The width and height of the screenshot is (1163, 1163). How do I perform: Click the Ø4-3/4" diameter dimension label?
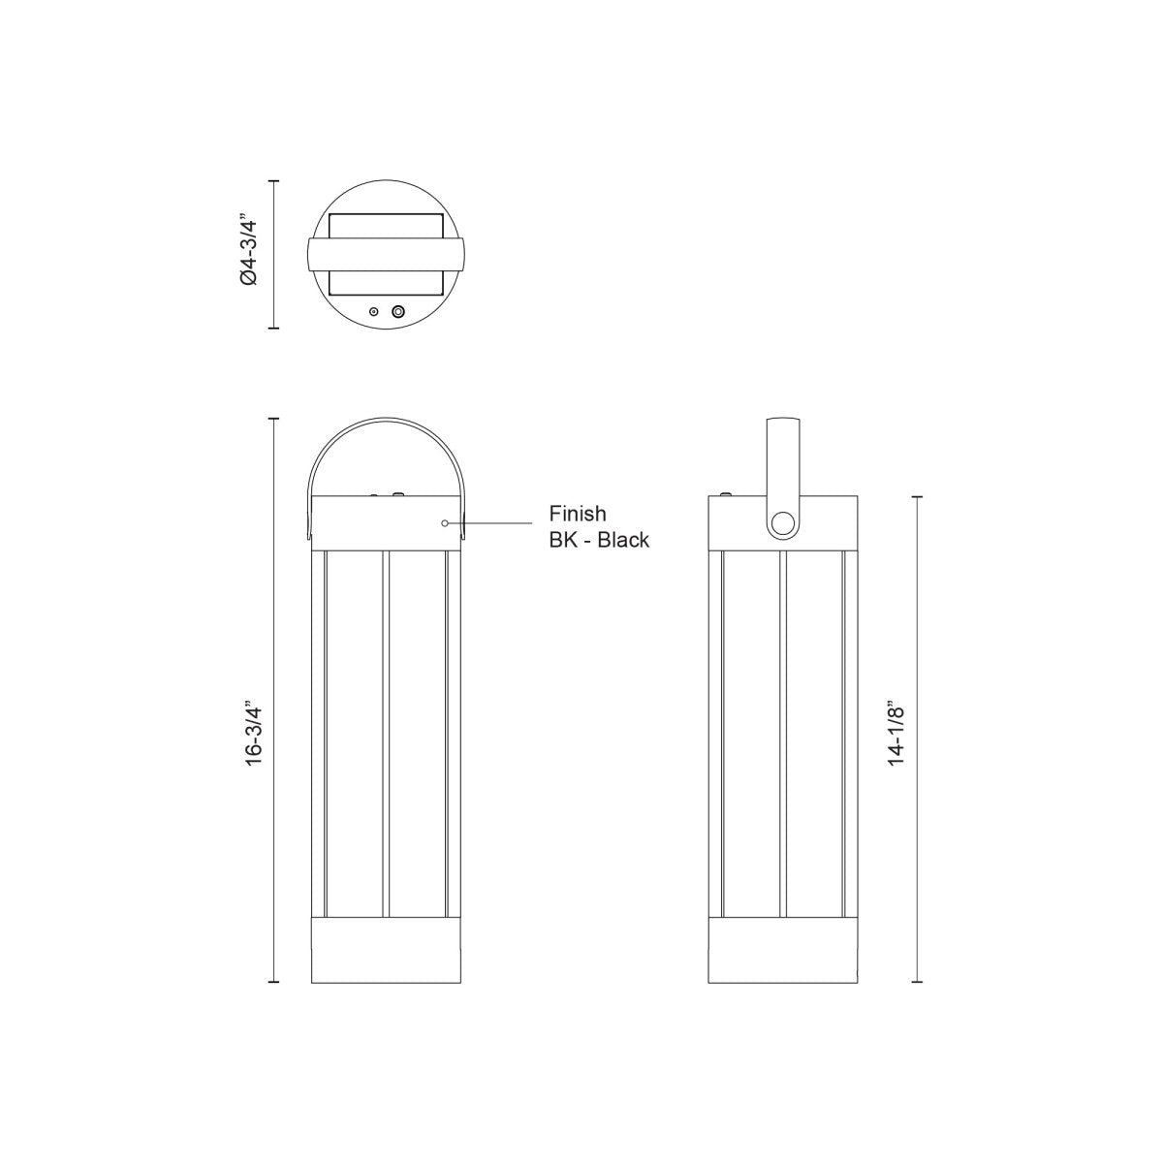250,252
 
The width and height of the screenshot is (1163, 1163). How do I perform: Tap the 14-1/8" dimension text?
898,736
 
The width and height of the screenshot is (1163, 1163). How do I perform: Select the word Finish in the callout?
578,513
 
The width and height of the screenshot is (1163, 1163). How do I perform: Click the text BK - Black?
599,540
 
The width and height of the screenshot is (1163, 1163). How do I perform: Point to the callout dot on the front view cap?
445,523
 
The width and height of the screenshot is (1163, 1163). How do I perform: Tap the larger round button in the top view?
397,311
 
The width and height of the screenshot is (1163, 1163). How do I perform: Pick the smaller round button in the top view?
373,311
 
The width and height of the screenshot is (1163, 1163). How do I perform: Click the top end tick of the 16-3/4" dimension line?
274,419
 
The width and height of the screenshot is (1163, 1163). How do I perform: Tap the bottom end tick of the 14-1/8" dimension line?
919,985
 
